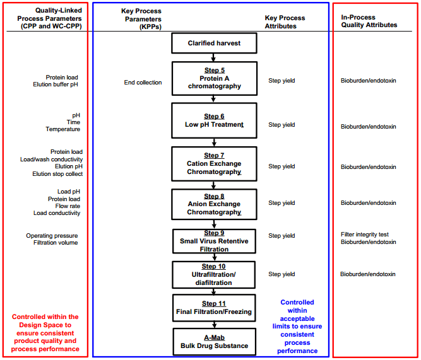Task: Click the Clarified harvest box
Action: pos(214,44)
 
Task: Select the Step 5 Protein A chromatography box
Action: pos(214,78)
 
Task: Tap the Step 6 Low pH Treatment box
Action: pos(214,120)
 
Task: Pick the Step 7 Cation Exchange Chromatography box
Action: pos(214,163)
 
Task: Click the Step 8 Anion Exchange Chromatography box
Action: pos(214,204)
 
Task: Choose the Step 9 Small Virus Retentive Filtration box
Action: pos(214,241)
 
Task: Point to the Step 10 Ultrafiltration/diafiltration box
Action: pos(214,274)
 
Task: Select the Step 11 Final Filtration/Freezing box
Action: pos(214,308)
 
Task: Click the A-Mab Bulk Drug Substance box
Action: pos(214,342)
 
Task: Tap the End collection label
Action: pos(143,83)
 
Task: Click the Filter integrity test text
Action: pos(365,235)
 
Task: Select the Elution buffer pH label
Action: pos(56,84)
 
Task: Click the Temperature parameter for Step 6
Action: pos(62,129)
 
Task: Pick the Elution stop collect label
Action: pos(57,174)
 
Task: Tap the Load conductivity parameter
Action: pos(57,213)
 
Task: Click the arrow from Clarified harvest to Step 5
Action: pos(214,57)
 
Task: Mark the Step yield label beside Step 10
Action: pos(282,274)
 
